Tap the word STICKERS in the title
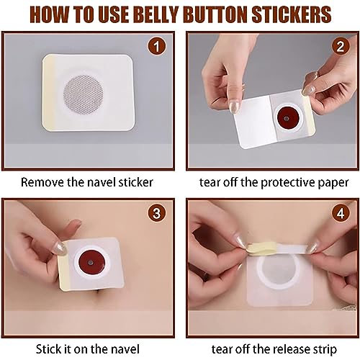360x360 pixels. [296, 14]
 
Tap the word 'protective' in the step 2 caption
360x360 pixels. [282, 182]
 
